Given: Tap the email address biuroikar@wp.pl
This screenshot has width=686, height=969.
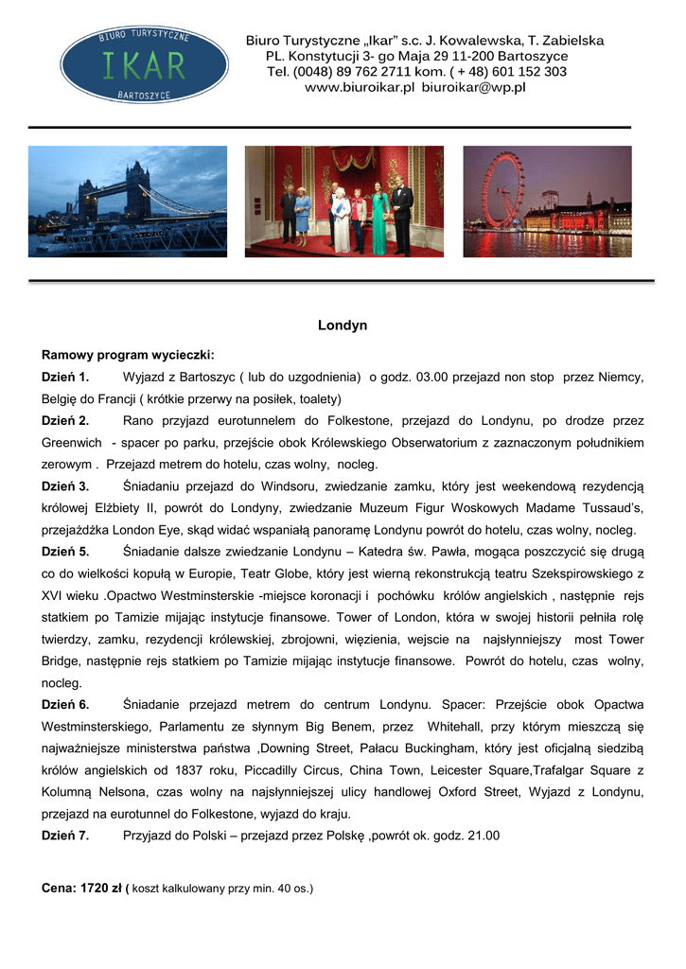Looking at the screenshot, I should tap(474, 87).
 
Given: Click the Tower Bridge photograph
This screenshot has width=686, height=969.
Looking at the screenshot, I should tap(128, 201).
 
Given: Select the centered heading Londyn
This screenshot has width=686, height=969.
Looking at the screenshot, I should tap(343, 326).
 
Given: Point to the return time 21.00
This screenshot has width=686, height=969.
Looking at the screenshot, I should tap(483, 836).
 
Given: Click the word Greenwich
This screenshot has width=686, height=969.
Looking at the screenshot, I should tap(72, 443).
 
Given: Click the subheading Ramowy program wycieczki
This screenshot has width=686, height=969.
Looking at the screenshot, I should tap(128, 355).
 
